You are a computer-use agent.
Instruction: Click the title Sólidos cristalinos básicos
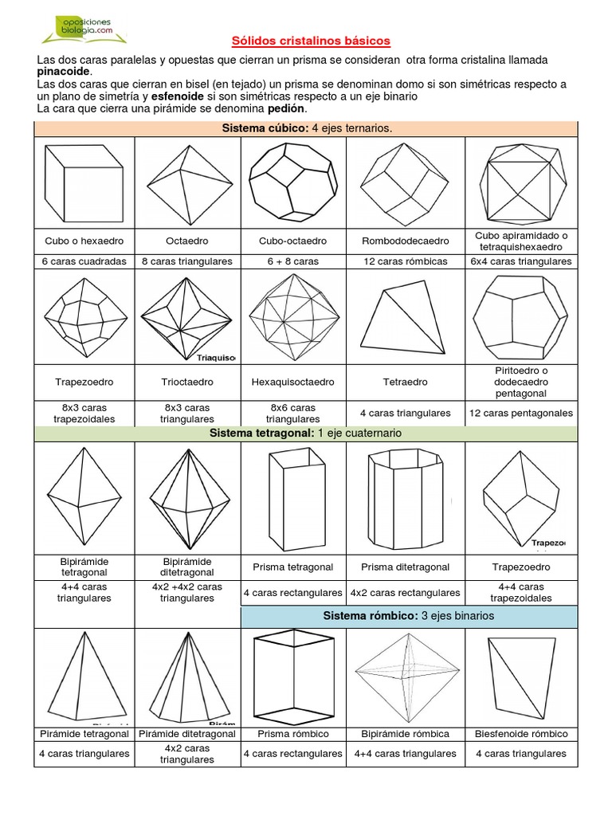coord(311,40)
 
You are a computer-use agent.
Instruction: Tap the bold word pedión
coord(287,108)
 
